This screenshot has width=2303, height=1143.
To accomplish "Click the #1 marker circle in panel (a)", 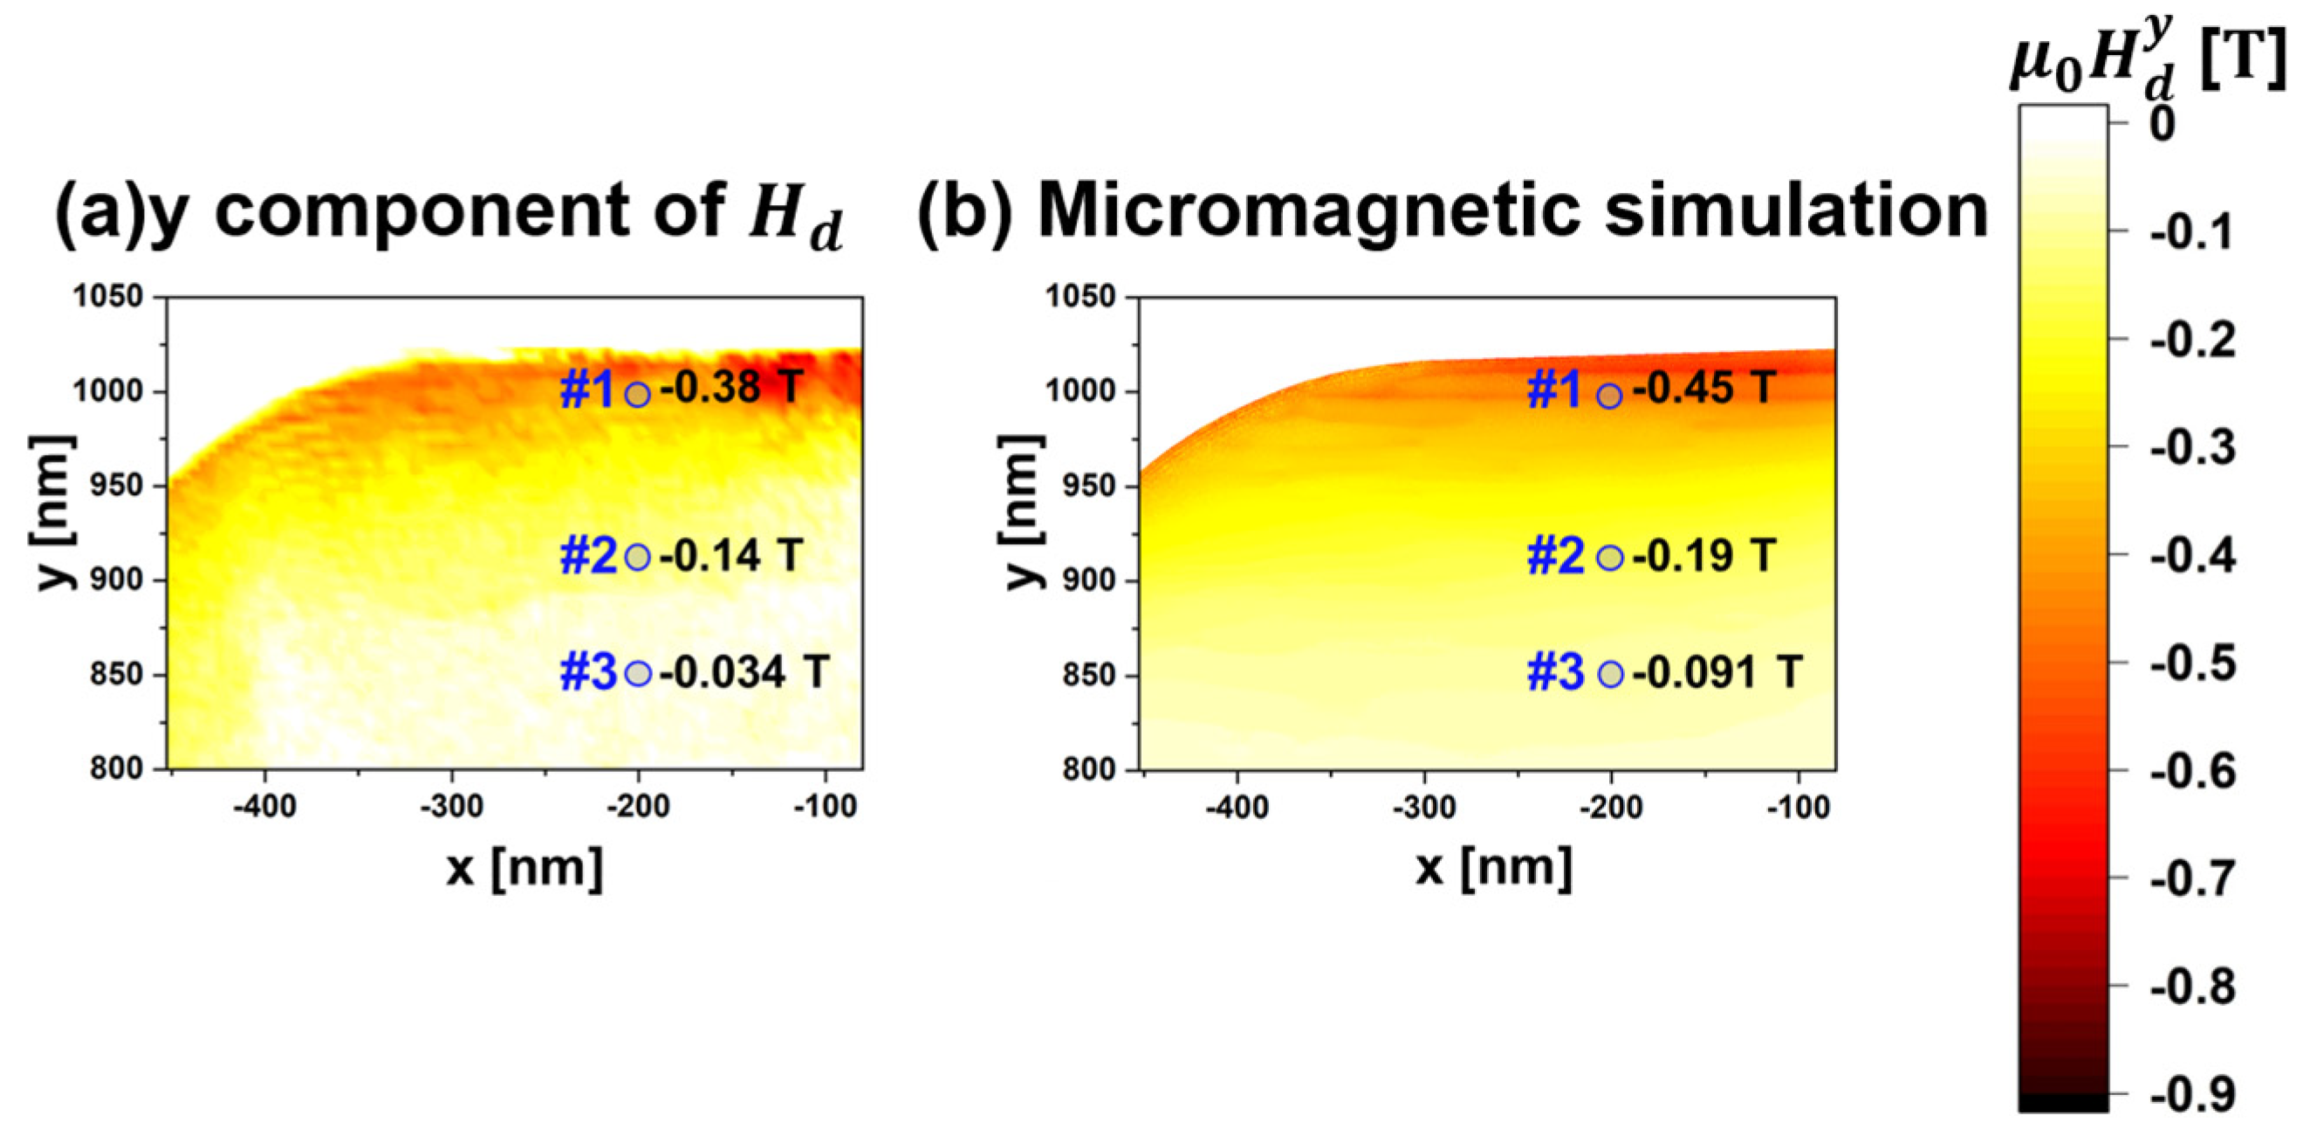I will [x=636, y=394].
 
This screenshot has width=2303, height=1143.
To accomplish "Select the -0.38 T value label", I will [x=731, y=389].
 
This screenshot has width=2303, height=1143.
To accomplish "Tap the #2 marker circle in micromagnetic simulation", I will [x=1609, y=558].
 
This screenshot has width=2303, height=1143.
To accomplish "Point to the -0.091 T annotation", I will [x=1717, y=672].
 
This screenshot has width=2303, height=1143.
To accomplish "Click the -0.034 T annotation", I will [x=744, y=672].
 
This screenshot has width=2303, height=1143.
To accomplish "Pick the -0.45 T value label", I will [x=1703, y=389].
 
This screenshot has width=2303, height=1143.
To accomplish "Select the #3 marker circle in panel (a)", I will [x=637, y=673].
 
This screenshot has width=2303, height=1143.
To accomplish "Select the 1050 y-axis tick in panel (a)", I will [x=107, y=297].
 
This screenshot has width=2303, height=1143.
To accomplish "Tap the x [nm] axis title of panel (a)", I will [x=524, y=868].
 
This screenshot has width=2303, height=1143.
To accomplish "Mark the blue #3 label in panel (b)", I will [x=1555, y=672].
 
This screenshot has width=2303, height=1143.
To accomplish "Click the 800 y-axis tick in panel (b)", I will [x=1088, y=769].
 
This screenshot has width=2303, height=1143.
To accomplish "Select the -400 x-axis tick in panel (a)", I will [x=264, y=808].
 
